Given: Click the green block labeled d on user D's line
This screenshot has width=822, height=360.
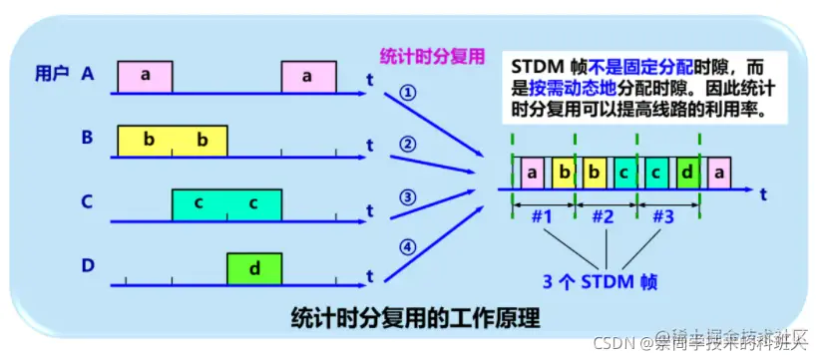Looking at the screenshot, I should click(253, 269).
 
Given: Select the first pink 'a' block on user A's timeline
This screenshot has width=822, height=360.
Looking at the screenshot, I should click(145, 76).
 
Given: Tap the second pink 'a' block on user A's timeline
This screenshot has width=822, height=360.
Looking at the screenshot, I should click(307, 76).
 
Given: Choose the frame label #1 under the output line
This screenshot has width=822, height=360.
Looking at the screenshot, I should click(543, 215).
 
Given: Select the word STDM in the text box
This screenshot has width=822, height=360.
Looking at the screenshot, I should click(538, 64).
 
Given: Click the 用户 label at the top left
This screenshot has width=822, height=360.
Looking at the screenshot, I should click(52, 73).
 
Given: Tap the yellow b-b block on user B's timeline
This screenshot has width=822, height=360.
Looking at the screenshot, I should click(173, 141).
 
